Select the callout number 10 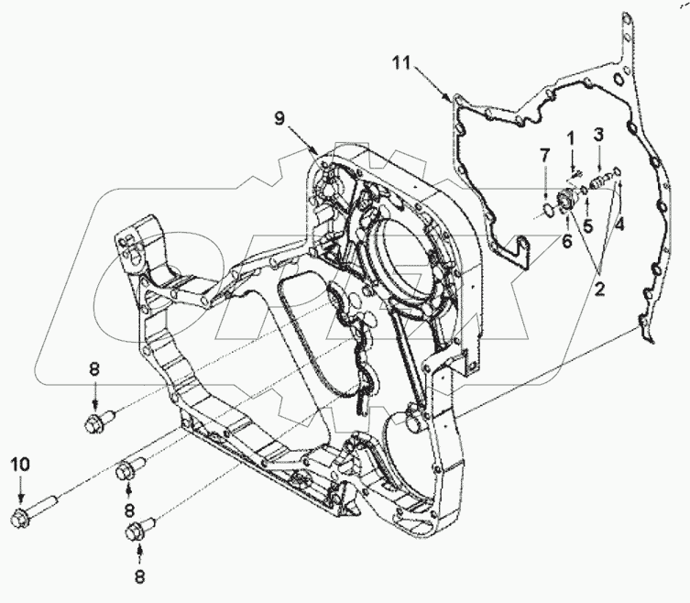click(21, 464)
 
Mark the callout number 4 click(619, 221)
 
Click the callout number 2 click(601, 291)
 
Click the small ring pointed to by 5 click(585, 192)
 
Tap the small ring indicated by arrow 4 click(619, 170)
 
